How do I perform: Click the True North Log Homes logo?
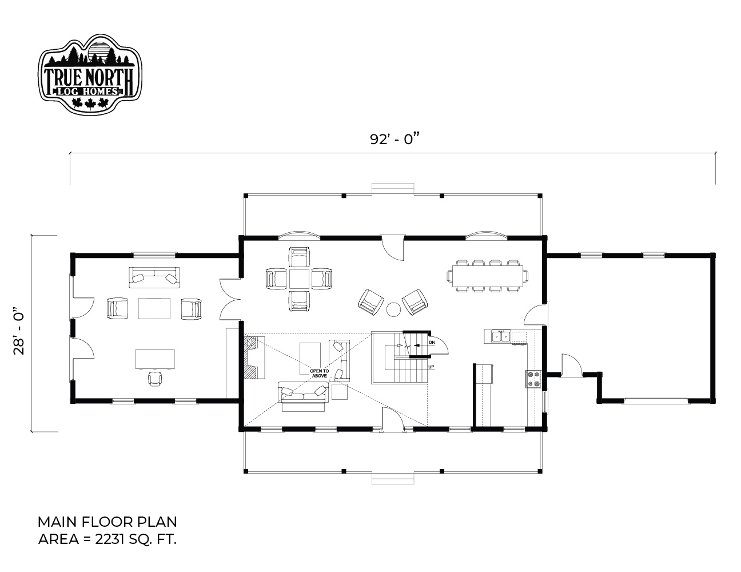pos(90,74)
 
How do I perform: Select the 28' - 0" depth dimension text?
pos(19,332)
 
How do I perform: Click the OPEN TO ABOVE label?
pos(320,373)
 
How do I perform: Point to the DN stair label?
pos(432,342)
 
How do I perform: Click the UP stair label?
pos(431,367)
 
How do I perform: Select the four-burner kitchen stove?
pos(533,379)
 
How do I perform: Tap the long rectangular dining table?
pos(488,276)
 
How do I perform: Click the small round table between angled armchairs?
pos(393,309)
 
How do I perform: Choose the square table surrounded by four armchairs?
pos(299,279)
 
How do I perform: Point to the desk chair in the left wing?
pos(155,378)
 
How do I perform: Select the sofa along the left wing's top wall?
pos(154,277)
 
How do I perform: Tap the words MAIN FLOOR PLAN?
pos(107,522)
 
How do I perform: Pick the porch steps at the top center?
pos(393,189)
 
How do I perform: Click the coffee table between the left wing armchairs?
pos(154,308)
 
